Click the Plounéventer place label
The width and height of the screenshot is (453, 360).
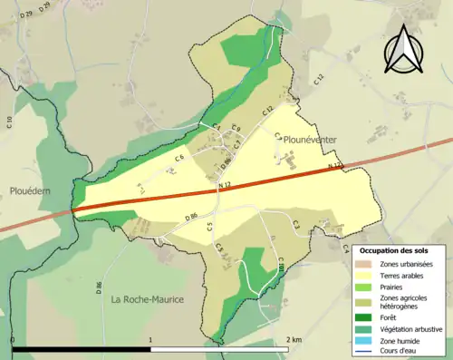pos(310,140)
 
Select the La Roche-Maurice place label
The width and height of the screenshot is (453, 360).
pos(148,298)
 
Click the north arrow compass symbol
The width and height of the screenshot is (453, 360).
pos(406,49)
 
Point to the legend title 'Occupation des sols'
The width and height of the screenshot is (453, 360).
pos(400,250)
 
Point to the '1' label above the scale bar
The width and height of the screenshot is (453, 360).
pos(149,339)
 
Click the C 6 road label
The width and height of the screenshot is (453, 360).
pos(179,159)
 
